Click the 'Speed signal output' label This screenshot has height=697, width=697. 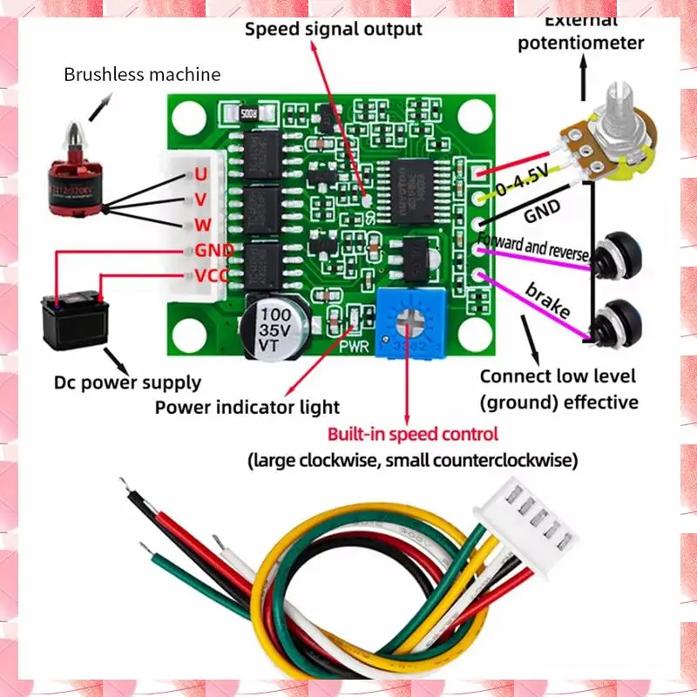[x=333, y=29]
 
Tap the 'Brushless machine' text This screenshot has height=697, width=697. [x=142, y=74]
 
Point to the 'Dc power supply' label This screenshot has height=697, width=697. [x=127, y=382]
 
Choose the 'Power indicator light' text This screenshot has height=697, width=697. [x=247, y=407]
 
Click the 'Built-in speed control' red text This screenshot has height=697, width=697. [x=413, y=434]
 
